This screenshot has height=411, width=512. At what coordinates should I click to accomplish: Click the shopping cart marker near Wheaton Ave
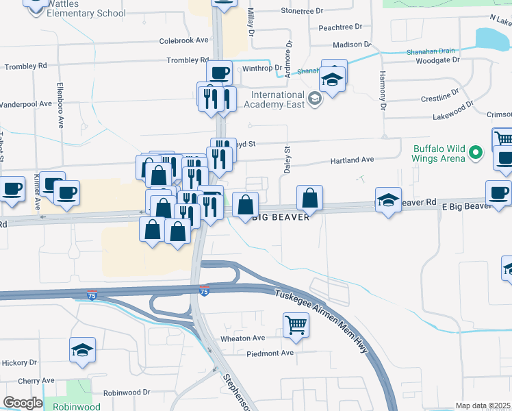tap(295, 325)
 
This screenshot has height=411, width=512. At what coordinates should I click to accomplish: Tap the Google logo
tap(22, 403)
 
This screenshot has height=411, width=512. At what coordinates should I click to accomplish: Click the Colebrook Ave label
tap(183, 40)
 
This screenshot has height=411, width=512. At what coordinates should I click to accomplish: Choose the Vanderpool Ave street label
tap(26, 104)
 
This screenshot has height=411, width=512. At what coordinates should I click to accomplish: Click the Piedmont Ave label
tap(270, 353)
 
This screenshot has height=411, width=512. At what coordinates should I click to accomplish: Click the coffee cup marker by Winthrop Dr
tap(219, 72)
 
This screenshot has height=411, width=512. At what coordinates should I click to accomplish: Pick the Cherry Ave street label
tap(36, 380)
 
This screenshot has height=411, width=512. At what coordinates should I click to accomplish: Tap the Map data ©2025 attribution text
tap(483, 406)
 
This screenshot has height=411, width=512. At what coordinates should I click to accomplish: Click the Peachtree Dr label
tap(340, 27)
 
